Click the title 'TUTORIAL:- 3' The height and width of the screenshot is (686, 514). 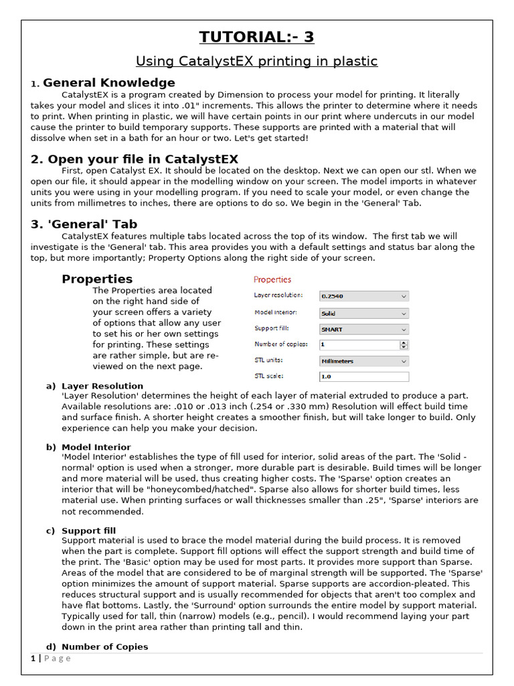click(x=257, y=37)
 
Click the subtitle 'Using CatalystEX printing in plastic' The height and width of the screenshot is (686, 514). click(x=257, y=62)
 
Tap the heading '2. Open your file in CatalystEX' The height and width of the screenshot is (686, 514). click(x=134, y=159)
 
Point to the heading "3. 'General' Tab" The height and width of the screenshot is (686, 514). click(x=84, y=224)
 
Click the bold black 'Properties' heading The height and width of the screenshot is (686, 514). click(x=97, y=279)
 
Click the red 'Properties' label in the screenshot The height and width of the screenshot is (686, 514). click(x=272, y=279)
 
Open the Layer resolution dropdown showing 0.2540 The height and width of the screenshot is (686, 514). click(x=363, y=296)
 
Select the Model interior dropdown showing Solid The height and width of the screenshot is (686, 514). click(x=363, y=313)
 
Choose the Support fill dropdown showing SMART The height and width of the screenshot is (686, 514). click(x=363, y=330)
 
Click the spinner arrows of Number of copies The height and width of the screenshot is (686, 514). click(x=404, y=345)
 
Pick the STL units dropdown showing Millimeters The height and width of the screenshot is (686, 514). click(x=363, y=361)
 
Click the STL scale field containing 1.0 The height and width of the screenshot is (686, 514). click(x=363, y=377)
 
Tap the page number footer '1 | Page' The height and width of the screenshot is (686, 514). click(x=51, y=659)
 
